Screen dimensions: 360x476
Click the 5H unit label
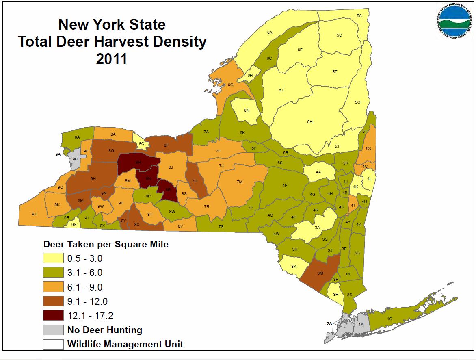310,121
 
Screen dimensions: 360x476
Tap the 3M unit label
320,273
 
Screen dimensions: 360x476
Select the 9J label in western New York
34,214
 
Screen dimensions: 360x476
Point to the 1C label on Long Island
389,319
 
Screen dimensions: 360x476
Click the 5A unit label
359,15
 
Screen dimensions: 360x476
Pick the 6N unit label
247,111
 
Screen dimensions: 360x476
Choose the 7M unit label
239,182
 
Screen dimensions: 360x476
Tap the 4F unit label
285,186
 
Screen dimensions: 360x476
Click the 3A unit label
318,227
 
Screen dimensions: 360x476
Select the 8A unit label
113,134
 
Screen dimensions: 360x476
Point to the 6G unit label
230,85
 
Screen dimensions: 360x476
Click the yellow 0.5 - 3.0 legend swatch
53,258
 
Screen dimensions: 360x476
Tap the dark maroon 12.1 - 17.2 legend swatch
53,315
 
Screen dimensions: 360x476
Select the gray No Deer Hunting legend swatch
53,330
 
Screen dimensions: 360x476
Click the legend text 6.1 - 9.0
85,287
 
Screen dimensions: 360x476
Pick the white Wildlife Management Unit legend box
53,344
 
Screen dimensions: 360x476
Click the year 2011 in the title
112,59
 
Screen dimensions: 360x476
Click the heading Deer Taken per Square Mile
106,245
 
